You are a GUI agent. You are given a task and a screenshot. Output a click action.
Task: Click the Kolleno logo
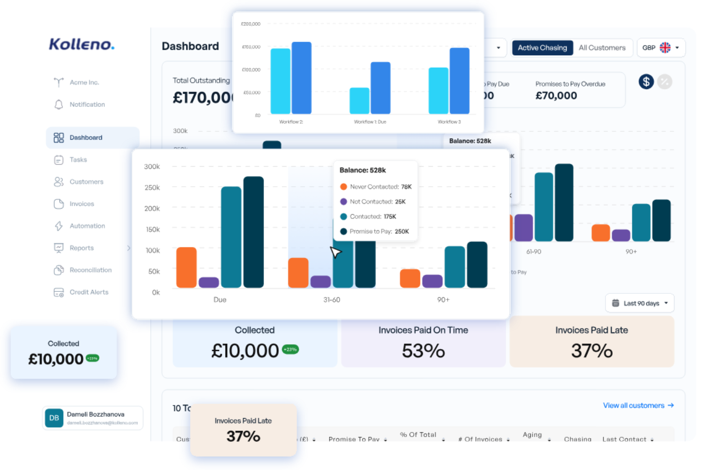pyautogui.click(x=81, y=44)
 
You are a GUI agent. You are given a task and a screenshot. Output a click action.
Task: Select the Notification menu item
pyautogui.click(x=87, y=105)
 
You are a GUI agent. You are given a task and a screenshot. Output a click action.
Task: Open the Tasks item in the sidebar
pyautogui.click(x=78, y=160)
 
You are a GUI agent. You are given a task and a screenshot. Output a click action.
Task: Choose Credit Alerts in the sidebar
pyautogui.click(x=88, y=292)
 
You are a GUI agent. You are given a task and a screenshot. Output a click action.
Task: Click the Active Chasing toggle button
pyautogui.click(x=542, y=48)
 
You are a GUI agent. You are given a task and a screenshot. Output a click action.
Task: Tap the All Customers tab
pyautogui.click(x=602, y=48)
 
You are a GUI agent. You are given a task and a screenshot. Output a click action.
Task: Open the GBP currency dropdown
pyautogui.click(x=661, y=48)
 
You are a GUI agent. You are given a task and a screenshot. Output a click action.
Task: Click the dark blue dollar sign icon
pyautogui.click(x=645, y=82)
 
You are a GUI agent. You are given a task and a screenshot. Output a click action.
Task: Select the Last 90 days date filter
pyautogui.click(x=640, y=303)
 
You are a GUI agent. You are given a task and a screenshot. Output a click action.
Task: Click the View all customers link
pyautogui.click(x=638, y=406)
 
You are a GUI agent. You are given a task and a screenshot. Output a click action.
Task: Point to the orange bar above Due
pyautogui.click(x=186, y=267)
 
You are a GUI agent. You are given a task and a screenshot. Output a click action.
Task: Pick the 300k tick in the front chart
pyautogui.click(x=152, y=167)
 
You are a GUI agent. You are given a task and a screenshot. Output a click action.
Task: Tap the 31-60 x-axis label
pyautogui.click(x=332, y=300)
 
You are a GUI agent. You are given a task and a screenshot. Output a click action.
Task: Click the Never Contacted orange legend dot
pyautogui.click(x=343, y=187)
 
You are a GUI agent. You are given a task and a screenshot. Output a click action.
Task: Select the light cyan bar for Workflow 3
pyautogui.click(x=438, y=90)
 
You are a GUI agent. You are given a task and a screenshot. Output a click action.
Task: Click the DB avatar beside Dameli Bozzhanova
pyautogui.click(x=54, y=418)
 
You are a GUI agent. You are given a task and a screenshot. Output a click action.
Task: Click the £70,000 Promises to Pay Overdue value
pyautogui.click(x=556, y=96)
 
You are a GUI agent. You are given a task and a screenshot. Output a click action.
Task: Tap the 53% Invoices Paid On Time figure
pyautogui.click(x=423, y=351)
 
